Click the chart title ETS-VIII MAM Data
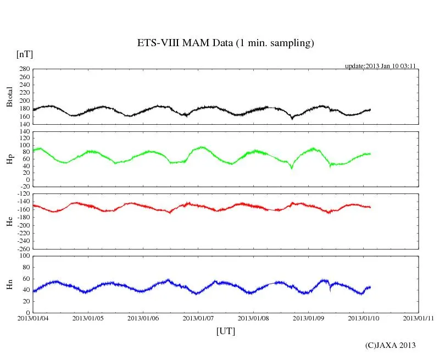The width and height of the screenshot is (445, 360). (x=225, y=43)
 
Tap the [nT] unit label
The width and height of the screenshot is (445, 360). (x=24, y=54)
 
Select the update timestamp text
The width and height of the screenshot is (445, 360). (x=380, y=66)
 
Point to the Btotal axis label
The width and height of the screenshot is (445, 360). (x=9, y=97)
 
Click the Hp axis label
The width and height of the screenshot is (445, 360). (x=9, y=159)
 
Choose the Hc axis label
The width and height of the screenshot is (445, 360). (x=9, y=222)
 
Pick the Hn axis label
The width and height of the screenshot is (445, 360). (x=9, y=284)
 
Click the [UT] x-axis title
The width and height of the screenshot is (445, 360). (x=225, y=331)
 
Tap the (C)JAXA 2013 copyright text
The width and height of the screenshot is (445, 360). (x=391, y=345)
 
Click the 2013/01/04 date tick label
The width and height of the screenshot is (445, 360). (x=33, y=318)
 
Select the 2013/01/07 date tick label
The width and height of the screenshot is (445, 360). (x=198, y=318)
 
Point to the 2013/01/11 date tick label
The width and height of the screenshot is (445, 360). (x=419, y=318)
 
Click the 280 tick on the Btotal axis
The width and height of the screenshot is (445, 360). (x=24, y=69)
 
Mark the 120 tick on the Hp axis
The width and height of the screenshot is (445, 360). (x=24, y=132)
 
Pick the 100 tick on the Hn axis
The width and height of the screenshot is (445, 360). (x=24, y=256)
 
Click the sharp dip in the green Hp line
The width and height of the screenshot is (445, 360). (x=292, y=168)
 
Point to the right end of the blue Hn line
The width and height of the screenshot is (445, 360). (x=370, y=287)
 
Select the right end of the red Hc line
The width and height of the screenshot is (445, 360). (x=370, y=207)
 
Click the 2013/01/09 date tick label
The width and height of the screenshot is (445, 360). (x=309, y=318)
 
